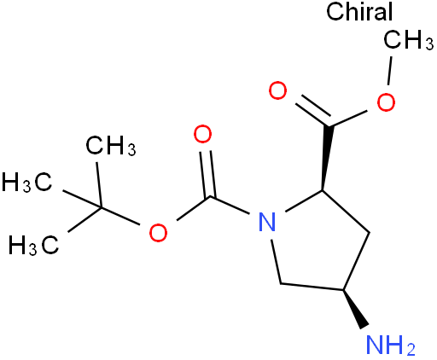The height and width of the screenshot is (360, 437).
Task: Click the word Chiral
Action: pyautogui.click(x=359, y=11)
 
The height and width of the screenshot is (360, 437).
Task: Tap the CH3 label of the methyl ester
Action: pyautogui.click(x=409, y=40)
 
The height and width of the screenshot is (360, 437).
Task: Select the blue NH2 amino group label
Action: pyautogui.click(x=390, y=345)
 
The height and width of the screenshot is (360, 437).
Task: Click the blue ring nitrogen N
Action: pyautogui.click(x=267, y=222)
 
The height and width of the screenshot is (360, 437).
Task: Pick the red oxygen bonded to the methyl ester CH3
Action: pyautogui.click(x=386, y=102)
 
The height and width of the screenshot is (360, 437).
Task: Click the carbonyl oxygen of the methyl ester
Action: pyautogui.click(x=277, y=90)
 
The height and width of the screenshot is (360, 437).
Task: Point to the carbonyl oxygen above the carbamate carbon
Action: pyautogui.click(x=202, y=134)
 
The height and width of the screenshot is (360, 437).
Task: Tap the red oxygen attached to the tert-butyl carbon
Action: pyautogui.click(x=158, y=233)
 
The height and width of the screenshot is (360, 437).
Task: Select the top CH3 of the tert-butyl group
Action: pyautogui.click(x=111, y=146)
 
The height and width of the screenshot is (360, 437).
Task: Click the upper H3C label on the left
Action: pyautogui.click(x=27, y=182)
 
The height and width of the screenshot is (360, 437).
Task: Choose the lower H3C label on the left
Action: pyautogui.click(x=34, y=245)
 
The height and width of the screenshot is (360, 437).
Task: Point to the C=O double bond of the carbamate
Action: pyautogui.click(x=207, y=174)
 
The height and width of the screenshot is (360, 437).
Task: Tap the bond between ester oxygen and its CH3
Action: pyautogui.click(x=390, y=71)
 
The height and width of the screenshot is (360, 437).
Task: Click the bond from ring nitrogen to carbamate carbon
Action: pyautogui.click(x=230, y=205)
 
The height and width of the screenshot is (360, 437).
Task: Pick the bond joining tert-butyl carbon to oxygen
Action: pyautogui.click(x=120, y=216)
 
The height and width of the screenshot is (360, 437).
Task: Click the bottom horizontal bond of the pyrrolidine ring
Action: pyautogui.click(x=312, y=287)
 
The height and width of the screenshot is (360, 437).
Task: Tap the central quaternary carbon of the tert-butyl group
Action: pyautogui.click(x=101, y=207)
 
